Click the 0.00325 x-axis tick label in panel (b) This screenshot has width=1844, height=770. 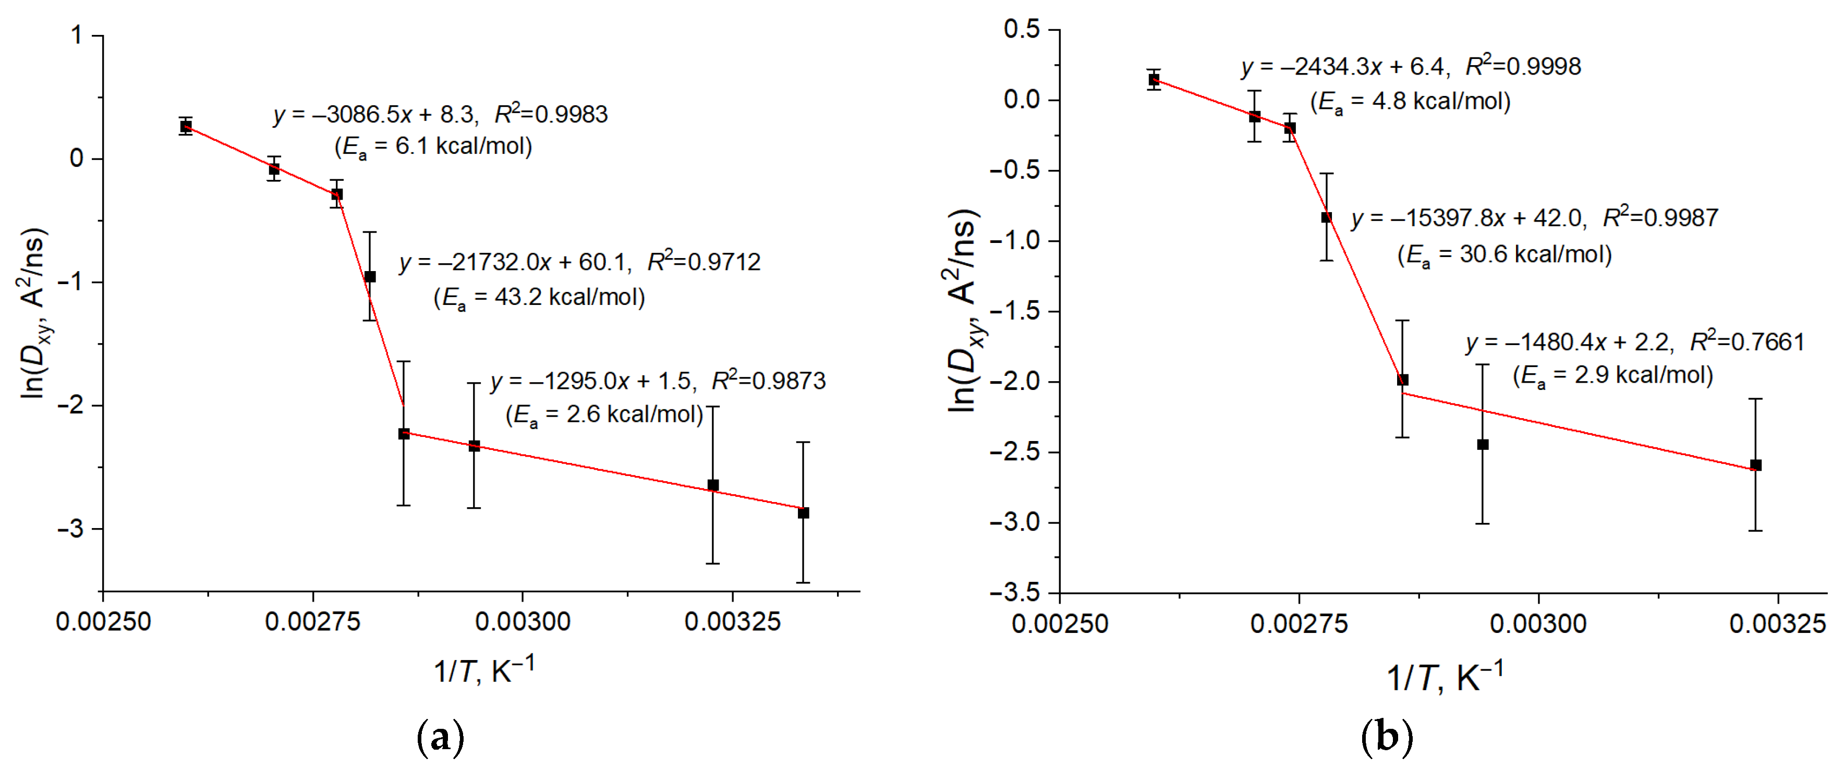pyautogui.click(x=1777, y=624)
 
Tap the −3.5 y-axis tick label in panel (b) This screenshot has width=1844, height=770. pyautogui.click(x=1014, y=593)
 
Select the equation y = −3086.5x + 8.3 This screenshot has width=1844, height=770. pyautogui.click(x=374, y=115)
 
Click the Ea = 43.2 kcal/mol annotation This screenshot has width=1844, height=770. pyautogui.click(x=539, y=297)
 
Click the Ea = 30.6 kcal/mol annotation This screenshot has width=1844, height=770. pyautogui.click(x=1505, y=255)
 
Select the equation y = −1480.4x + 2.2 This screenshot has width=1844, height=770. pyautogui.click(x=1570, y=343)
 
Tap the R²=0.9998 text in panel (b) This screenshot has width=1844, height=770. pyautogui.click(x=1523, y=67)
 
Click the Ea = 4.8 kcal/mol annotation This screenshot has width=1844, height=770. pyautogui.click(x=1410, y=102)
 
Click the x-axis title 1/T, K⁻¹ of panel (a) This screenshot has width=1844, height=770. pyautogui.click(x=484, y=670)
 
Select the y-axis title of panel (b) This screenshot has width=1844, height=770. pyautogui.click(x=963, y=311)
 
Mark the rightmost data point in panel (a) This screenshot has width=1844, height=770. pyautogui.click(x=803, y=513)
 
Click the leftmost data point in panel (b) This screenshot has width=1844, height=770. pyautogui.click(x=1154, y=79)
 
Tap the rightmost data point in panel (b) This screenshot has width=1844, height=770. pyautogui.click(x=1755, y=465)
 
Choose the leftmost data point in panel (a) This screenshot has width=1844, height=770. pyautogui.click(x=186, y=127)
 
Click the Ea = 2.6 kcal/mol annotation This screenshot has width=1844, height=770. pyautogui.click(x=604, y=415)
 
